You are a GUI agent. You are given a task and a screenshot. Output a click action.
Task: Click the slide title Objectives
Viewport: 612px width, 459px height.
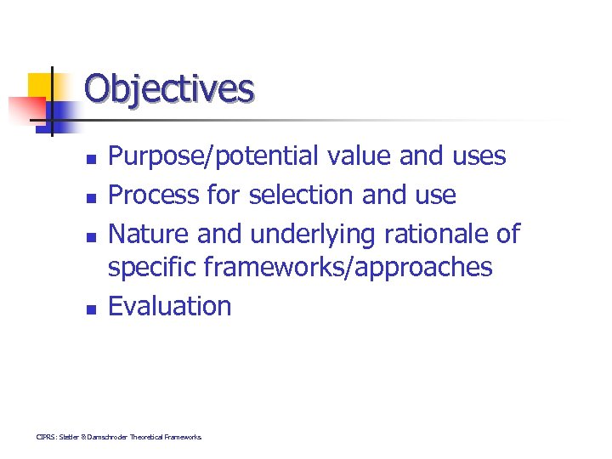pos(169,88)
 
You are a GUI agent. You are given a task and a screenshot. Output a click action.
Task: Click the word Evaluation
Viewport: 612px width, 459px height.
pos(170,305)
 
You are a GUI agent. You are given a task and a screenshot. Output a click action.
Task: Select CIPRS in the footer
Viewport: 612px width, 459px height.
pos(44,437)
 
